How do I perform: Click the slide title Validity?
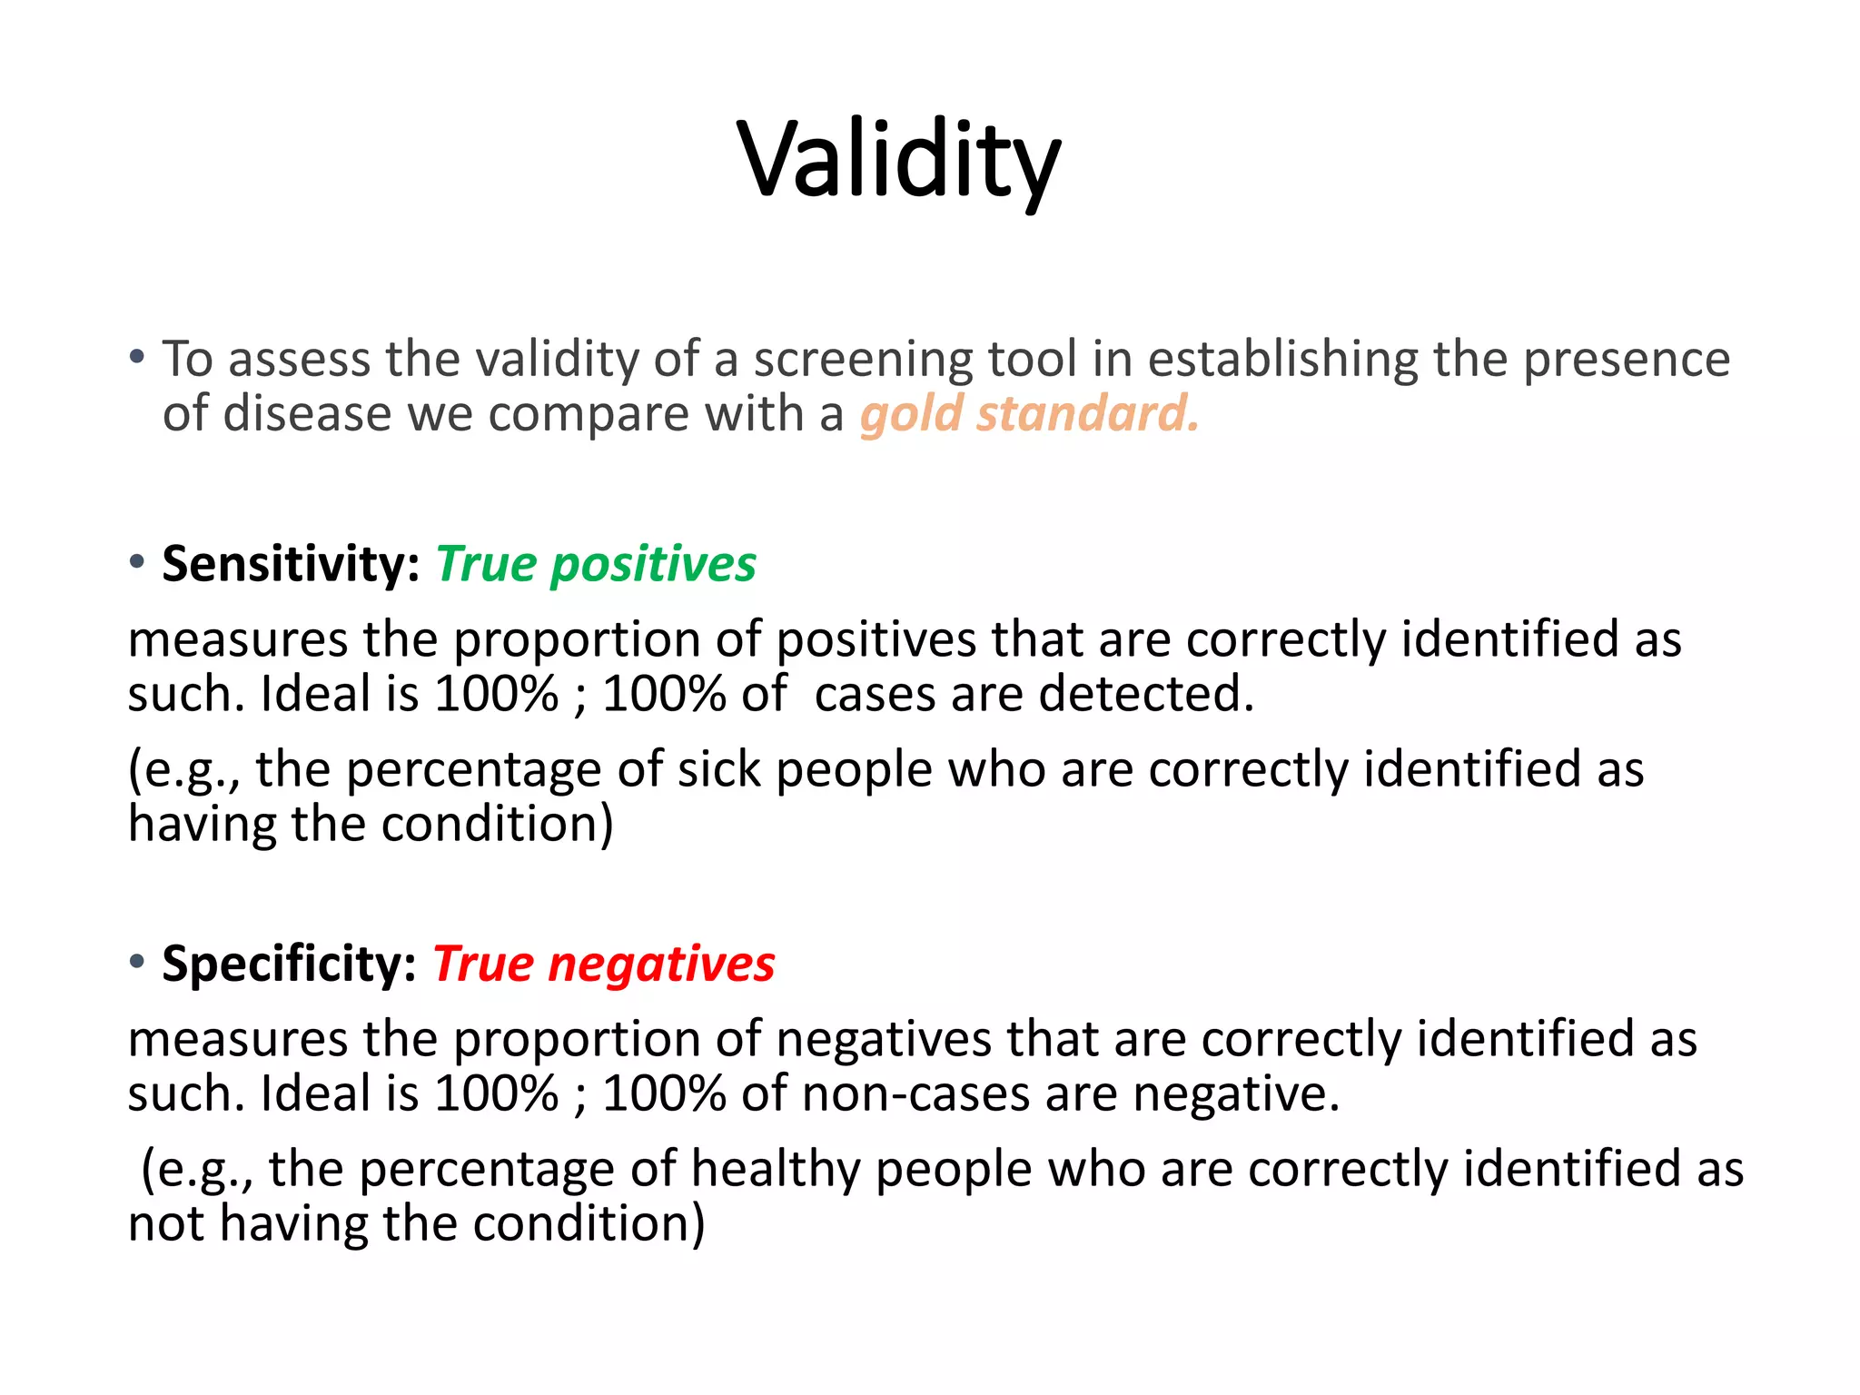point(898,161)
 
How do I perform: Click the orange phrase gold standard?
point(1029,414)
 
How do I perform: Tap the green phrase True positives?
point(596,564)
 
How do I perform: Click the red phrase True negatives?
point(604,964)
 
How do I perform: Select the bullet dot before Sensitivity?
point(137,562)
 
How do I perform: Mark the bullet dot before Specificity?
point(137,962)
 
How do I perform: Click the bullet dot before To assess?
point(137,357)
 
